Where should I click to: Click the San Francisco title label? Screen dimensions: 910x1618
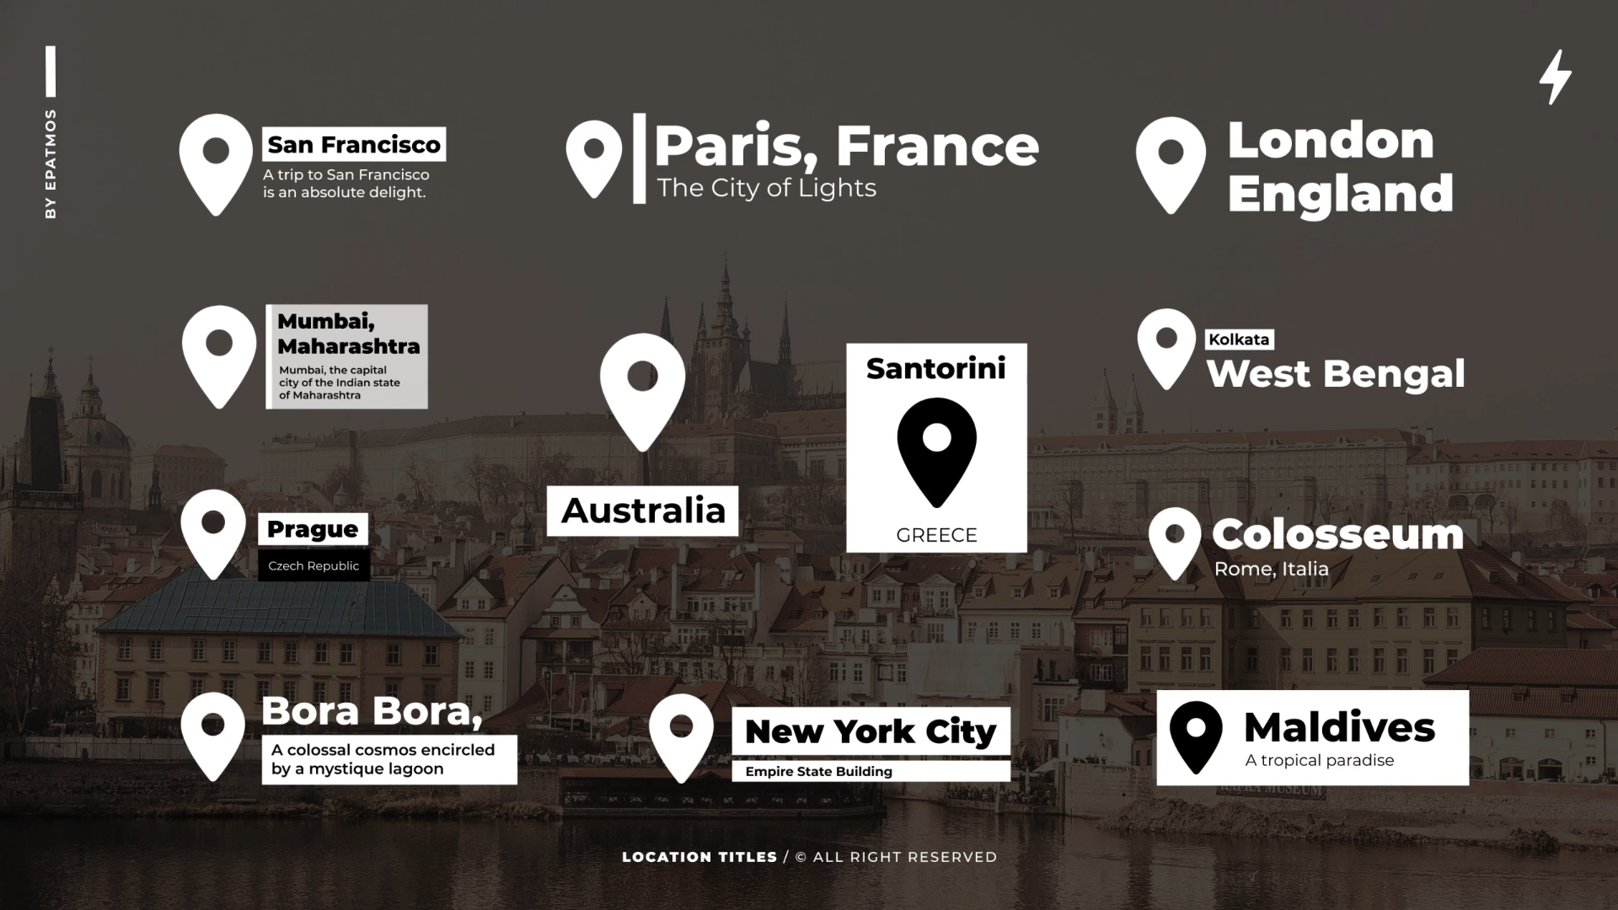click(x=354, y=144)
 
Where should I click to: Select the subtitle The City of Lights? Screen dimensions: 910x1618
click(x=766, y=188)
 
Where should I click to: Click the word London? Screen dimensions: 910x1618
click(x=1331, y=140)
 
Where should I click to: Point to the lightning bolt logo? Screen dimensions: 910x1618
click(x=1555, y=77)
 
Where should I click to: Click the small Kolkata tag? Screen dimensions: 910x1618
click(x=1238, y=340)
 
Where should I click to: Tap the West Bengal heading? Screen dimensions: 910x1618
click(x=1336, y=374)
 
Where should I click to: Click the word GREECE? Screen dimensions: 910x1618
click(x=936, y=535)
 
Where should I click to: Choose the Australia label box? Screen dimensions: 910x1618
click(x=642, y=511)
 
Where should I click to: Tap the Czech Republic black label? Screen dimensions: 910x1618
click(x=313, y=566)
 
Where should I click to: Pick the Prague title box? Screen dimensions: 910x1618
click(x=313, y=529)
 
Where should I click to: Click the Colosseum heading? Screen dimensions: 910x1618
click(x=1337, y=534)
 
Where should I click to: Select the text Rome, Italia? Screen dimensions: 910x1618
click(x=1271, y=570)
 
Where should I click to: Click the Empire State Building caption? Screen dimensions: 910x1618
click(x=818, y=772)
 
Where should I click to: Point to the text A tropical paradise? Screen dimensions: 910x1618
click(x=1319, y=761)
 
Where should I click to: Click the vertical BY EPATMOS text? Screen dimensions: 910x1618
click(x=51, y=164)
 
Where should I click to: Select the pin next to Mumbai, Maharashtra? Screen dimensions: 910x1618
click(x=219, y=355)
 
